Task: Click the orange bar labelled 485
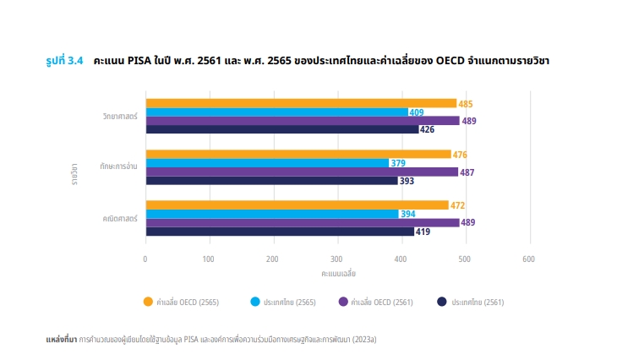[x=301, y=103]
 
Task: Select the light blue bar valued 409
[x=276, y=112]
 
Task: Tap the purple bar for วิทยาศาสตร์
[x=302, y=121]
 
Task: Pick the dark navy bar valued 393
[x=271, y=181]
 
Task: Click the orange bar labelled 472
[x=297, y=205]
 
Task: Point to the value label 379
[x=400, y=163]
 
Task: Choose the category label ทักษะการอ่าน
[x=118, y=167]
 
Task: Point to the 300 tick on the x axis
[x=337, y=259]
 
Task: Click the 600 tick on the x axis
[x=529, y=259]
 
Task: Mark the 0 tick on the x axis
[x=145, y=259]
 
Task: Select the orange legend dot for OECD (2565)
[x=148, y=301]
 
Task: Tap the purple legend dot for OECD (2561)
[x=343, y=301]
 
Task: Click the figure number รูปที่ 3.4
[x=64, y=61]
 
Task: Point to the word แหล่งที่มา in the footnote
[x=61, y=339]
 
